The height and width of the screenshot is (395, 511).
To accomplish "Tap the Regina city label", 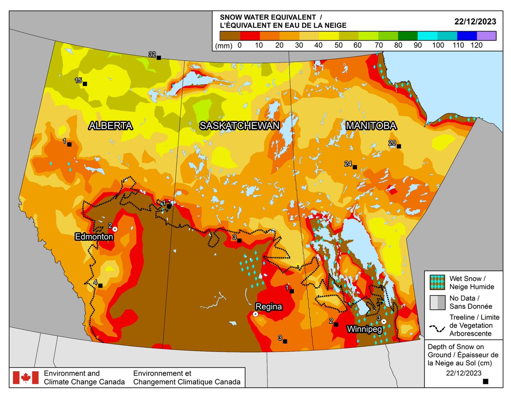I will click(268, 306).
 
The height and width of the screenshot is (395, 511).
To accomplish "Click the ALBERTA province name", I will click(111, 125).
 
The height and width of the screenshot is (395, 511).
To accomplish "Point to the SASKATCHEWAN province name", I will click(240, 125).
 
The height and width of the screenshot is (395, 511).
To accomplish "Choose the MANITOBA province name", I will click(371, 125).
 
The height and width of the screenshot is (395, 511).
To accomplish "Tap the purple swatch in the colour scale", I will click(486, 35).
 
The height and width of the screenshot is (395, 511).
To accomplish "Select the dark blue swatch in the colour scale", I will click(466, 35).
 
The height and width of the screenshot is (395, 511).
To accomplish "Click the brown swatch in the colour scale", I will click(230, 35).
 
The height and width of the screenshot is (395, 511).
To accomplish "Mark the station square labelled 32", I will click(159, 58).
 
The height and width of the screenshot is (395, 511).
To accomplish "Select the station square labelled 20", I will click(399, 147).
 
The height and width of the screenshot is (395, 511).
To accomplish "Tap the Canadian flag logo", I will click(26, 377).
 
